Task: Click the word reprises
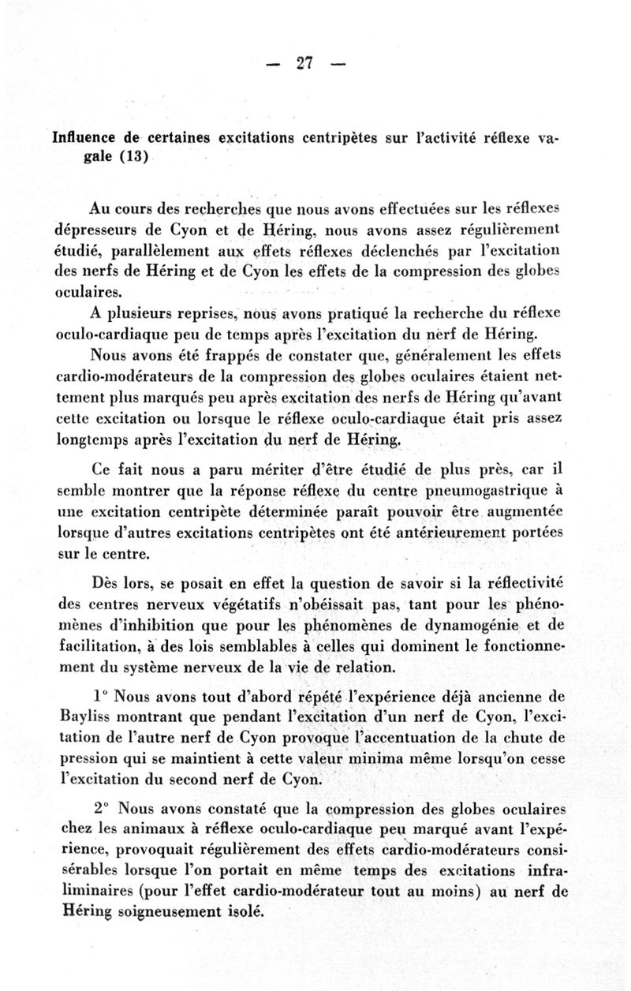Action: coord(189,312)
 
